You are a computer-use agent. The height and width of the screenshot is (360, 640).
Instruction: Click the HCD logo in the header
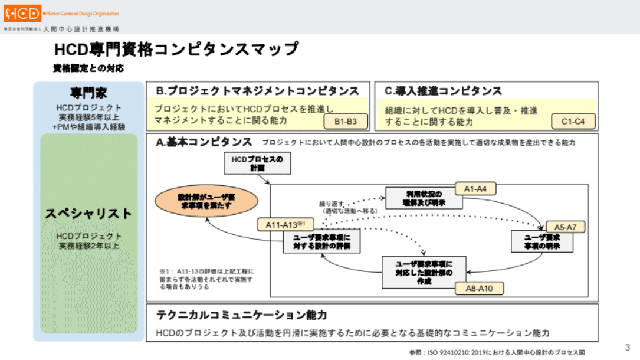pos(22,12)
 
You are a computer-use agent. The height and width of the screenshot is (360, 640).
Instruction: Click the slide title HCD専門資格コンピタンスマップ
pos(176,49)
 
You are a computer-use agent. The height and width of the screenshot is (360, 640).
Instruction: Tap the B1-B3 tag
pos(346,122)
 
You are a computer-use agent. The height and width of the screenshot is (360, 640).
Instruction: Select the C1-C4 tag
pos(573,122)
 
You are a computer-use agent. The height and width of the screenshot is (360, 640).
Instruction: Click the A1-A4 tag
pos(475,188)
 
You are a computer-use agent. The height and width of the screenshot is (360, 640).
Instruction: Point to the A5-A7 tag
pos(565,227)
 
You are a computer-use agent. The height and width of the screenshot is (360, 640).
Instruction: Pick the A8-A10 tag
pos(479,288)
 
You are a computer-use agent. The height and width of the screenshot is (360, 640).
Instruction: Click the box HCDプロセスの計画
pos(258,163)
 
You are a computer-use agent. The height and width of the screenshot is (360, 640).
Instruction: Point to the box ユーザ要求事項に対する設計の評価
pos(322,242)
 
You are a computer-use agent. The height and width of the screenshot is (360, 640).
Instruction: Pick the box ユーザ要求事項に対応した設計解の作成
pos(424,271)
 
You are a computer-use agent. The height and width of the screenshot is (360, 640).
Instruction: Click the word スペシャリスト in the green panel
pos(88,214)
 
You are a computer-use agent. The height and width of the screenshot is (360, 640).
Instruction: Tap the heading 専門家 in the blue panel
pos(88,93)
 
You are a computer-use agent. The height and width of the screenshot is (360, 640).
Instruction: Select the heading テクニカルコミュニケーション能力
pos(241,315)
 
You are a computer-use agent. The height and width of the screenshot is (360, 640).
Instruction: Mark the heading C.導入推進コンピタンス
pos(443,91)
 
